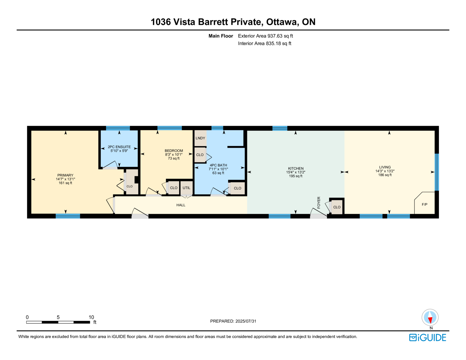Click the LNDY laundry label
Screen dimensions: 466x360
200,138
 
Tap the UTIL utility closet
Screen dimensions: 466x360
186,188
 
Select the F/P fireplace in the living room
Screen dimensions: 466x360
424,203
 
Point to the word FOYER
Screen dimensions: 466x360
319,202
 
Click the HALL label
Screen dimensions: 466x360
181,205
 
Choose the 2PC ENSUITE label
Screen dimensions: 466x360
119,147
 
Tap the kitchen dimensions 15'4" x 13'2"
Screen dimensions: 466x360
296,172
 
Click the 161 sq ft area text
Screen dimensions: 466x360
66,183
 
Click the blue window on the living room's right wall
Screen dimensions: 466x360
437,172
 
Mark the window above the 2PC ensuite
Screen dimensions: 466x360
118,128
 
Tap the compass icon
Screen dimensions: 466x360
430,317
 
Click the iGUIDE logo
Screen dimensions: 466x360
428,338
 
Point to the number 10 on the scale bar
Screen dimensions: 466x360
91,317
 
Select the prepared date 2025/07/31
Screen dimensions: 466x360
246,321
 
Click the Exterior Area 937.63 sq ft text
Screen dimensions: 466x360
265,36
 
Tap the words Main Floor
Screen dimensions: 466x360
221,36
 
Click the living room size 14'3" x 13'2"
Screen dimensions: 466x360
385,171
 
